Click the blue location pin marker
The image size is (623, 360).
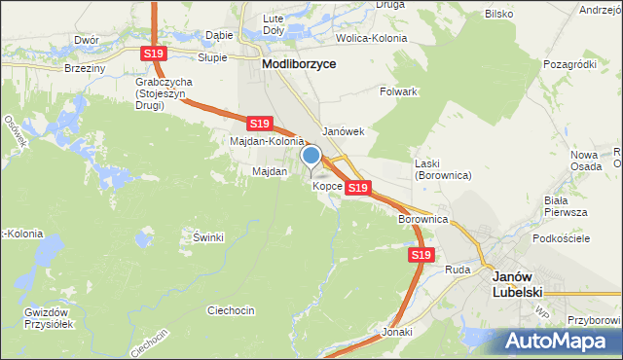click(311, 157)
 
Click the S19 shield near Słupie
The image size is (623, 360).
click(152, 54)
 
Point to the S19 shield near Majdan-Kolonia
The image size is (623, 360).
click(258, 124)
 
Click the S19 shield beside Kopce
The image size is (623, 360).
click(357, 187)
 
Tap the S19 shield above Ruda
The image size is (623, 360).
click(420, 255)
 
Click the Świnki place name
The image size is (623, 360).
click(208, 237)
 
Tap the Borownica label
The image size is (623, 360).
click(422, 220)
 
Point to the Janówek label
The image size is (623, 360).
click(343, 131)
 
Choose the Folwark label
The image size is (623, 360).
click(399, 91)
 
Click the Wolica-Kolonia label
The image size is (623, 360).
click(371, 38)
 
